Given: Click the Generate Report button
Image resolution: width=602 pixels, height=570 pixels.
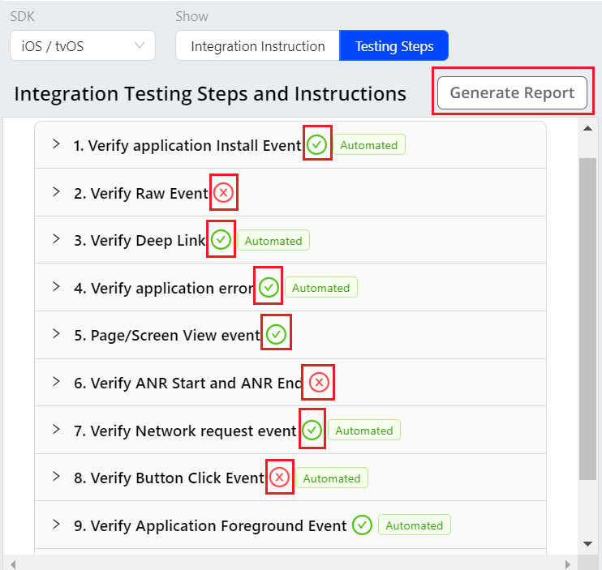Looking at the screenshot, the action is [512, 92].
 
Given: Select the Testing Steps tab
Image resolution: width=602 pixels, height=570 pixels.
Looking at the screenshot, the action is [394, 45].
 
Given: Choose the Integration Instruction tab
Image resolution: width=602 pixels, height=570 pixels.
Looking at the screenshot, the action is [258, 45].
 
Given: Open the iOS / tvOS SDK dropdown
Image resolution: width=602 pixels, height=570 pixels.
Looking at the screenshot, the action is [83, 45].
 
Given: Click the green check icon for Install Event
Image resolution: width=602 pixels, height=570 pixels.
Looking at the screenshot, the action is [316, 145].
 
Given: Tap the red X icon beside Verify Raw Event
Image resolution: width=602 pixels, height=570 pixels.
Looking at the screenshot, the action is [223, 192].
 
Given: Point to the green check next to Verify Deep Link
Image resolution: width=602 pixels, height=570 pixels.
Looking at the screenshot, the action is [221, 239].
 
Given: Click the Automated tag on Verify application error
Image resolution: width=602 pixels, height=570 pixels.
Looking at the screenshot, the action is [321, 287].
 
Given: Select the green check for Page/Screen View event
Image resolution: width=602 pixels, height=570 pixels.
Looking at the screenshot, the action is [276, 334].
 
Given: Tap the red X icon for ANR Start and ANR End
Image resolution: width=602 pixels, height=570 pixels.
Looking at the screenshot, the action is [319, 382].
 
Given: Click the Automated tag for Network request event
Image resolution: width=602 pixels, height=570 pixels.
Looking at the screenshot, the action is [364, 430].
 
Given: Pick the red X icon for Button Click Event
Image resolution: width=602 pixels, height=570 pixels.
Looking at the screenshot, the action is [279, 478].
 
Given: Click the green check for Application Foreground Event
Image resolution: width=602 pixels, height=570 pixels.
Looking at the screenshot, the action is [362, 525].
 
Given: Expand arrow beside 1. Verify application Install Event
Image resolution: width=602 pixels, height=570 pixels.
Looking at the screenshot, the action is [56, 144].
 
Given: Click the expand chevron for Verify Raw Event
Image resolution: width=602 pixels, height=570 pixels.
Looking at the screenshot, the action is [56, 192].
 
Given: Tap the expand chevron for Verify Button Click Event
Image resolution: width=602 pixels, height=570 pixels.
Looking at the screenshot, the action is [56, 477].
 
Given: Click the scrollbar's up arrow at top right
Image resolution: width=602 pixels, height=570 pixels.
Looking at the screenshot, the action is [587, 128].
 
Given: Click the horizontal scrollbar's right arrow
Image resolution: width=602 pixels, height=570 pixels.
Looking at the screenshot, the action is [567, 564].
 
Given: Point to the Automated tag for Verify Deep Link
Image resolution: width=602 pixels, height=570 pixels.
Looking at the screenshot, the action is [273, 240].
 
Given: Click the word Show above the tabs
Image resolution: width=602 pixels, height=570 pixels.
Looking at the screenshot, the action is [191, 16].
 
